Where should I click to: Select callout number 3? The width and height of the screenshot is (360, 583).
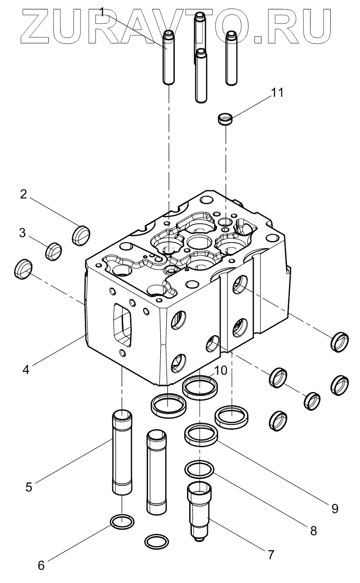[22, 233]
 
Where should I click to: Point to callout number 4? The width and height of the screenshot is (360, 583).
[26, 369]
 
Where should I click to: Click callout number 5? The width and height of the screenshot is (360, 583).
[28, 487]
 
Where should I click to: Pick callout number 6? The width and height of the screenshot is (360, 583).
[41, 565]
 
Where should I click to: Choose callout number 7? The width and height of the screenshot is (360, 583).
[270, 555]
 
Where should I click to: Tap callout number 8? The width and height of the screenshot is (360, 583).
[313, 531]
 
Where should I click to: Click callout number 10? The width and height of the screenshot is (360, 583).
[221, 371]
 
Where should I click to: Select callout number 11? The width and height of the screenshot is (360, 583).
[277, 92]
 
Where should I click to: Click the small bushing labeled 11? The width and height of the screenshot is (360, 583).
[225, 119]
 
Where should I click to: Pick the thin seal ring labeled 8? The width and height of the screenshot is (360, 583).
[200, 470]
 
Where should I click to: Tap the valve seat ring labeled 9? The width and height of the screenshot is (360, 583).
[201, 435]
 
